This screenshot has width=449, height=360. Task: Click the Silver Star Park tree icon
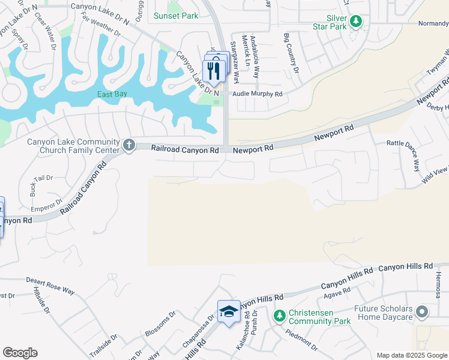357,22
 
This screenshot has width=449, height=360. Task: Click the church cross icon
129,145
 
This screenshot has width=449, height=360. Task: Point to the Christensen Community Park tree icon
279,315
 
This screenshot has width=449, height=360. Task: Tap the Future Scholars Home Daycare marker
422,311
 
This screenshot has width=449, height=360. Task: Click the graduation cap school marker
229,311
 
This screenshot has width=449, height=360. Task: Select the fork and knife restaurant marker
214,70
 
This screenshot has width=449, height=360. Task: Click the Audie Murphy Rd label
258,94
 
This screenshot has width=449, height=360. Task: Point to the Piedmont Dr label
301,340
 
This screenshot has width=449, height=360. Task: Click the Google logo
20,353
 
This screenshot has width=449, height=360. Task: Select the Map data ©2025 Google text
411,355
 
